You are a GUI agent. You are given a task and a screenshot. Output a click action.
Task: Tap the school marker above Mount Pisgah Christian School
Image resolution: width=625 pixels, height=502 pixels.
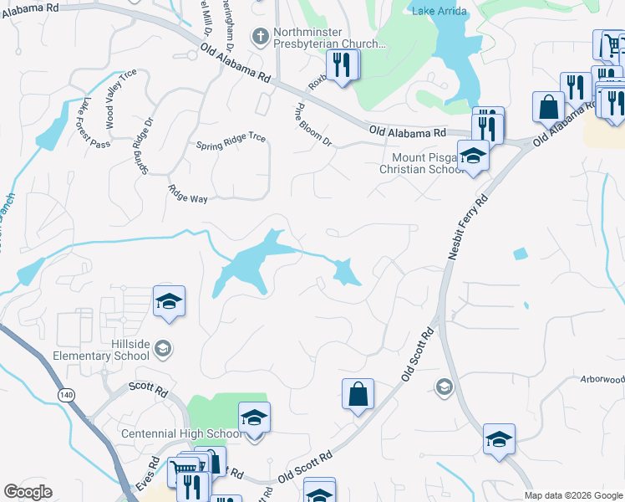473,156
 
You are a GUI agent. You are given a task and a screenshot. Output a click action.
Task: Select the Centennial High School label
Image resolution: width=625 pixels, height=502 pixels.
182,433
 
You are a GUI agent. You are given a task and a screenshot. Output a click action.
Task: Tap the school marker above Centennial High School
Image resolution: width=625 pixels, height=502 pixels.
255,418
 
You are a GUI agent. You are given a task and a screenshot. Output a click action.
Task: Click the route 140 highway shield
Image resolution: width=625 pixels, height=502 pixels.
66,393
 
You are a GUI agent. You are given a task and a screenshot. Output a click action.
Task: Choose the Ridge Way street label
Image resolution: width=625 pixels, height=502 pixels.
187,194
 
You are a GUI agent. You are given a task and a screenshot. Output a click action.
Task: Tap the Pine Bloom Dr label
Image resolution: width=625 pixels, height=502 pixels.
314,125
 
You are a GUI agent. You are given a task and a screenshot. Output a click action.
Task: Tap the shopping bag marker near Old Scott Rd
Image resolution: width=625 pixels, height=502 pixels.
358,395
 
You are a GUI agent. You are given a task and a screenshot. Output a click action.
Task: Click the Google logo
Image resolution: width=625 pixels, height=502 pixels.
28,492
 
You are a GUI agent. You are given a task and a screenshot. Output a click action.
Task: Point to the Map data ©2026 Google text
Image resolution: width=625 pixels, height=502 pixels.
572,495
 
